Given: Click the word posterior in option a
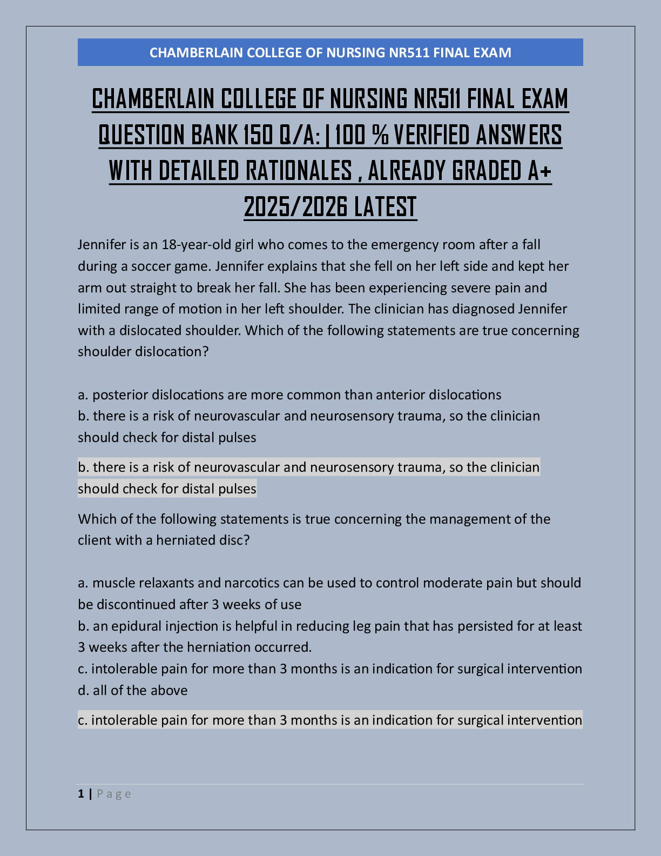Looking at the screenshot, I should tap(120, 395).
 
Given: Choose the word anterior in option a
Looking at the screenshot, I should tap(400, 395).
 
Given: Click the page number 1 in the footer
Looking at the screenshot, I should tap(81, 794).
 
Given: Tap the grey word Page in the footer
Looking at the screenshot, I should tap(114, 794).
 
